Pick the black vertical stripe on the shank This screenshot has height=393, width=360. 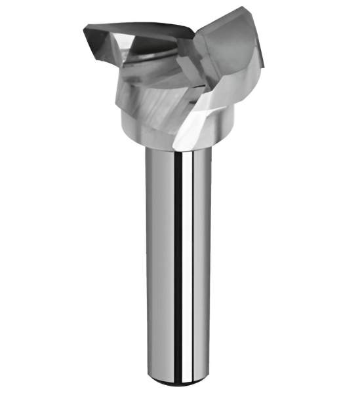coord(178,262)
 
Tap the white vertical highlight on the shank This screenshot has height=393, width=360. coord(192,262)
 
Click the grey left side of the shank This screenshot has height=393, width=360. coord(154,262)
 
